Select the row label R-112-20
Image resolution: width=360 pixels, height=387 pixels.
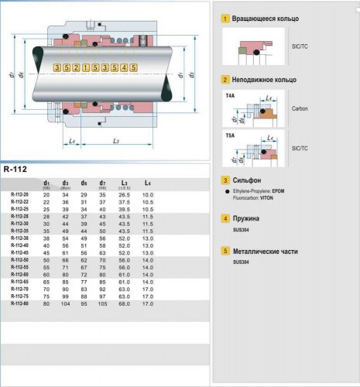(21, 194)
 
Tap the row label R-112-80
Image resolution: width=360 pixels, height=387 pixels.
(21, 303)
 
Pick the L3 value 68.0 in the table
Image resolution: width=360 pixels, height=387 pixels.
(124, 303)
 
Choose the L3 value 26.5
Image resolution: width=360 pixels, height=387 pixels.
(124, 194)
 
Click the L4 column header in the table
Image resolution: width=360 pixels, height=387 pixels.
(147, 183)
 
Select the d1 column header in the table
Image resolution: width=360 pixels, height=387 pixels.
(47, 183)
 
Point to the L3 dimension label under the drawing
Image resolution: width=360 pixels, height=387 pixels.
(115, 141)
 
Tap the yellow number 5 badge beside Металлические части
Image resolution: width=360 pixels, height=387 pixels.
(225, 252)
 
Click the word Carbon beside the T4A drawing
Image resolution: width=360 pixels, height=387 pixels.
(300, 109)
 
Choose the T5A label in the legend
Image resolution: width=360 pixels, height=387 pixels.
(230, 135)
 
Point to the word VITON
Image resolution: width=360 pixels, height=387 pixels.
(268, 198)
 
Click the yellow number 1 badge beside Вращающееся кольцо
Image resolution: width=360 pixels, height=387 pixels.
(225, 18)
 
